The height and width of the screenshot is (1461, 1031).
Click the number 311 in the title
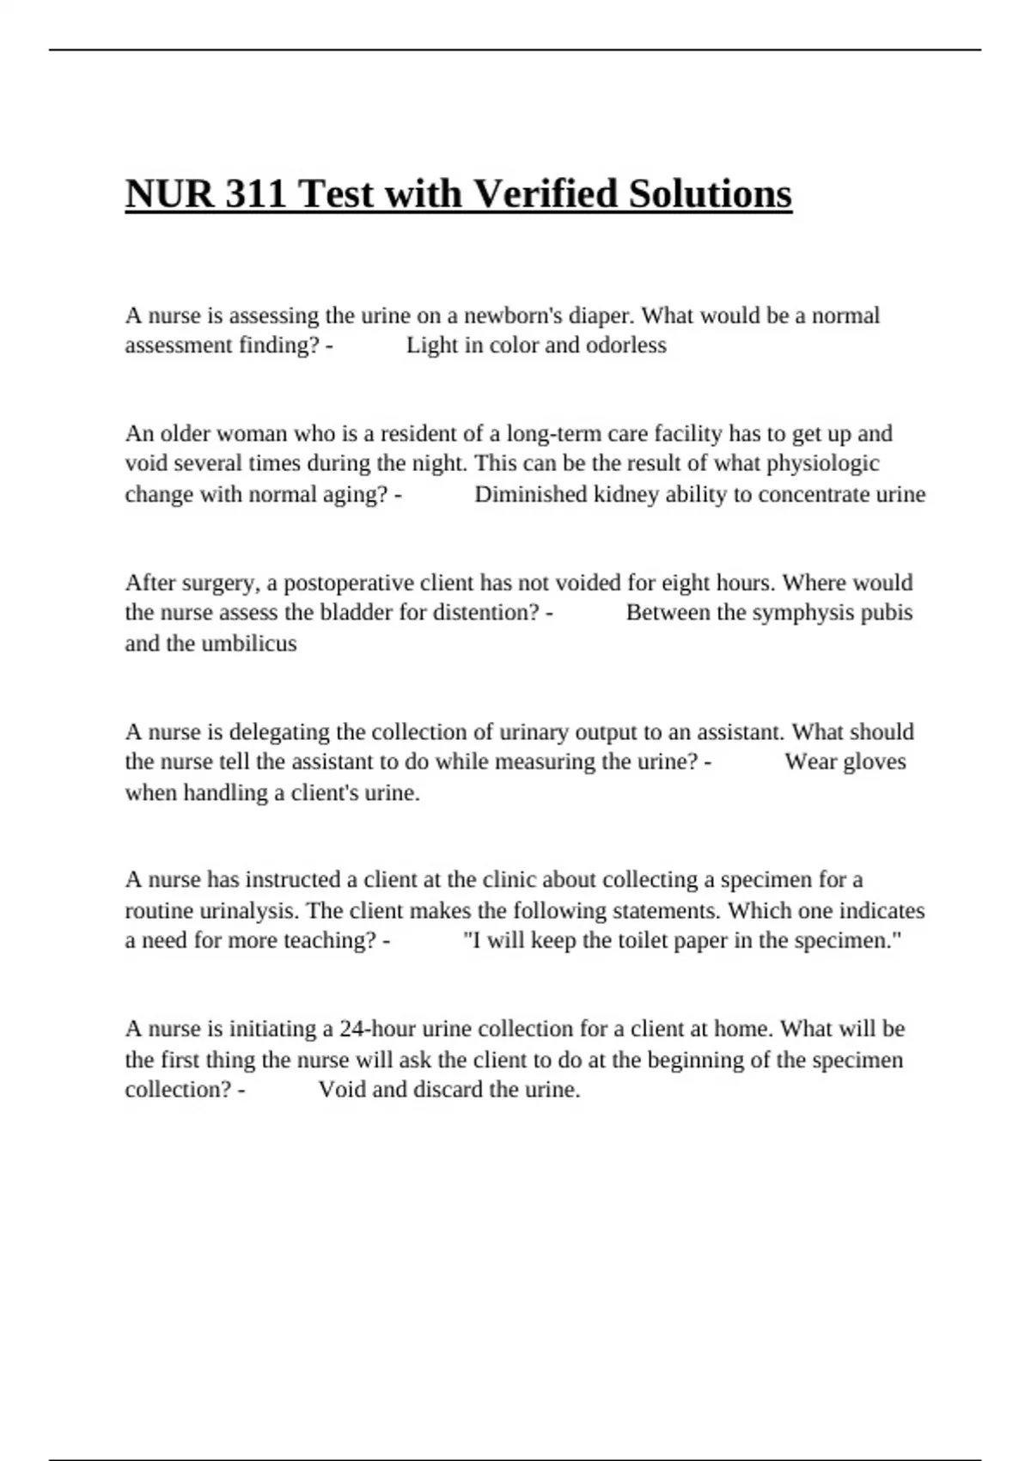coord(256,194)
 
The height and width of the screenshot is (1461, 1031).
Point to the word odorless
coord(625,345)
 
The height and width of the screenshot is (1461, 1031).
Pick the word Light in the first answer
coord(428,345)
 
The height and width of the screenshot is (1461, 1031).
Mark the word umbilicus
coord(249,644)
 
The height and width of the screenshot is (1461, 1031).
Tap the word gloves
coord(875,761)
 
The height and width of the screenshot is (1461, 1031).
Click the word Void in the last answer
coord(341,1090)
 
